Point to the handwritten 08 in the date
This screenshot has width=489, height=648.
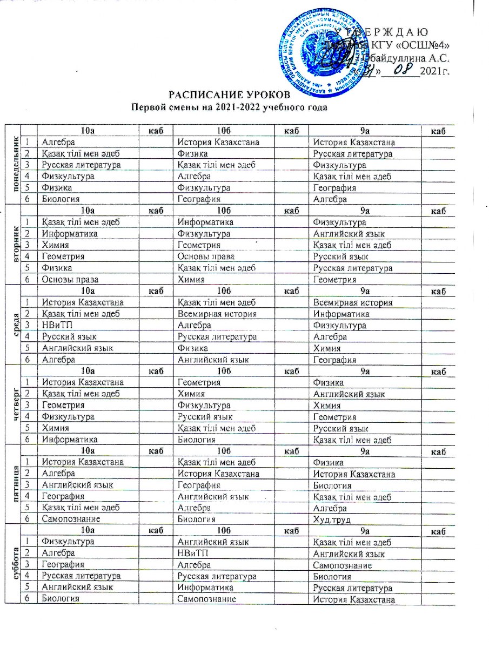397,69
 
